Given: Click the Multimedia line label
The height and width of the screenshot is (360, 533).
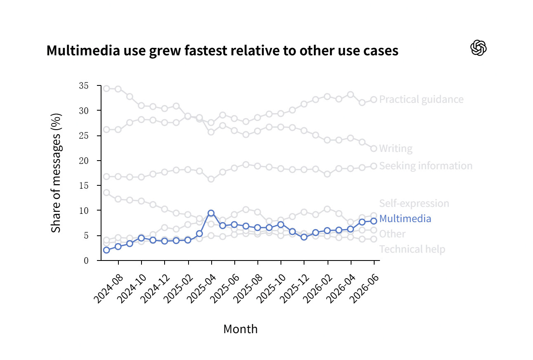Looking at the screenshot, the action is (x=405, y=218).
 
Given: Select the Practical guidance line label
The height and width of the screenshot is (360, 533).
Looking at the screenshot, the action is (x=421, y=99).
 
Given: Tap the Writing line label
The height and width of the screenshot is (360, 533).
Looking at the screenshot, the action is (x=396, y=148).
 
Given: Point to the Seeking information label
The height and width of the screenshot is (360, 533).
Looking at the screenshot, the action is (x=426, y=166).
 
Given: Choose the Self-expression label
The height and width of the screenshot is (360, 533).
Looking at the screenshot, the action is (x=414, y=204).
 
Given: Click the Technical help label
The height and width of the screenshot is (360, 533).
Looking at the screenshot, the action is (x=412, y=249).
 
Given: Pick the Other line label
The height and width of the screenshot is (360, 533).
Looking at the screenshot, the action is (x=392, y=234).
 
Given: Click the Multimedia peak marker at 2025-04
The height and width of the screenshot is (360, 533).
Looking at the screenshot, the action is (x=211, y=213).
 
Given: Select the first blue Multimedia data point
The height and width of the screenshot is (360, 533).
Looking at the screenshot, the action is (x=106, y=250).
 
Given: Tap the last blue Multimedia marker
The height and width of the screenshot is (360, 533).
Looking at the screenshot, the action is (x=374, y=221).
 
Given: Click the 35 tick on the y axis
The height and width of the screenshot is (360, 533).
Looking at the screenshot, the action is (x=84, y=86).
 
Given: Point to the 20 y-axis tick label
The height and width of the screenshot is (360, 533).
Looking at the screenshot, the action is (x=84, y=161).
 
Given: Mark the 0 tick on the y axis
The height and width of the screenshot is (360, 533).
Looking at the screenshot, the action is (x=86, y=261).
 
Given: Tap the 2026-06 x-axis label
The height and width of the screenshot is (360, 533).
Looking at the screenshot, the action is (x=364, y=289).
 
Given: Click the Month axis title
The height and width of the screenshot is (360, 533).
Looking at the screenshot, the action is (x=241, y=329).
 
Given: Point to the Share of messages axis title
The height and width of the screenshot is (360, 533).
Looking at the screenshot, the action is (x=56, y=173).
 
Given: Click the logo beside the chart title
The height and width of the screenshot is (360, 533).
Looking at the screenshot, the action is (x=478, y=47).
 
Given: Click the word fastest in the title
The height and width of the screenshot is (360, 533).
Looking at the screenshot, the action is (x=205, y=50).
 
